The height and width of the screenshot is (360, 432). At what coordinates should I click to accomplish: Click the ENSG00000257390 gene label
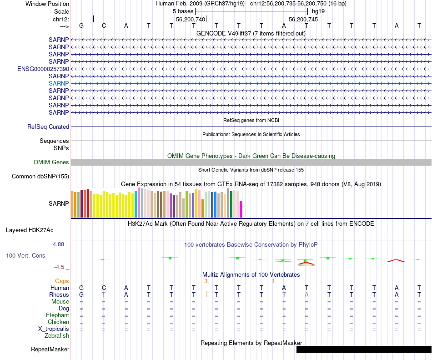point(43,69)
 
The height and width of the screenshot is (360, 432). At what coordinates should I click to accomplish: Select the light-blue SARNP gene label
point(59,83)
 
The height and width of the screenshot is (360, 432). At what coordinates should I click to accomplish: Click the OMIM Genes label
point(51,162)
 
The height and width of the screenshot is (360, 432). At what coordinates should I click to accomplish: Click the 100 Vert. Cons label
point(25,256)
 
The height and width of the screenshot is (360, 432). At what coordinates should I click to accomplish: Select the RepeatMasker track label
point(50,350)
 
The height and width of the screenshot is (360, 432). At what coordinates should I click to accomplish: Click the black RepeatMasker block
point(364,349)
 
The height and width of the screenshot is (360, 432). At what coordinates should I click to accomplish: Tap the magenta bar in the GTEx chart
point(241,209)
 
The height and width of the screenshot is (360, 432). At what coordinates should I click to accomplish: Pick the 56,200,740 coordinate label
point(191,20)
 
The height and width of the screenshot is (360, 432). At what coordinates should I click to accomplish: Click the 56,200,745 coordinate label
point(304,20)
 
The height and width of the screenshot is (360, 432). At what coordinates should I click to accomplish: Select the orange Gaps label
point(62,281)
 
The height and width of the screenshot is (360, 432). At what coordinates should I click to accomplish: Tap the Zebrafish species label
point(57,336)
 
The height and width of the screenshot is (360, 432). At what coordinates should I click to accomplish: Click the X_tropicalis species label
point(54,329)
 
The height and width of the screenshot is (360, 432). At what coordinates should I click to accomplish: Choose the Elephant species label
point(57,315)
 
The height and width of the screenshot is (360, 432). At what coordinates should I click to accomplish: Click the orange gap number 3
point(206,281)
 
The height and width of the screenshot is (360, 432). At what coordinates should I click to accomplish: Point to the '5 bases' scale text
point(182,11)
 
